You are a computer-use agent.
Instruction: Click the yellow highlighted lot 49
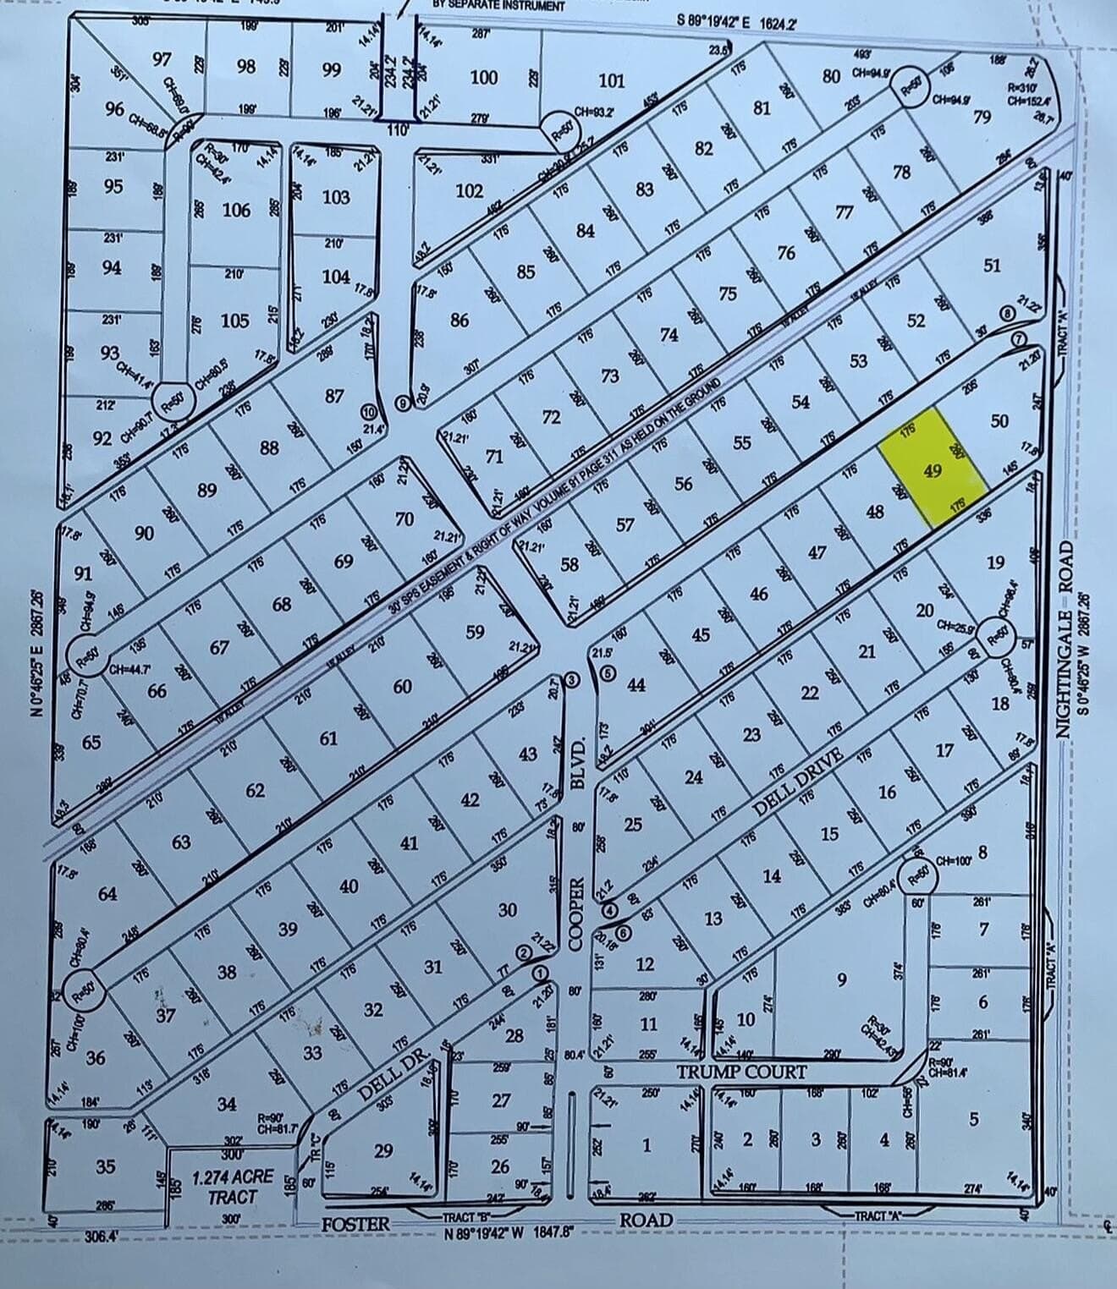(933, 470)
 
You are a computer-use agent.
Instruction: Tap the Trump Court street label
(740, 1072)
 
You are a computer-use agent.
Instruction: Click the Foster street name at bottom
(355, 1223)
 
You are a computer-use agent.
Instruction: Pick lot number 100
(483, 78)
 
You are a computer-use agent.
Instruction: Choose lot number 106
(237, 210)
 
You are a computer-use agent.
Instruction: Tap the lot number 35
(105, 1166)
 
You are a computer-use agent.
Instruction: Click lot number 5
(973, 1119)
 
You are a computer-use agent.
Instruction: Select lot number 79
(981, 117)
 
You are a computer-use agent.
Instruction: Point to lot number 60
(402, 686)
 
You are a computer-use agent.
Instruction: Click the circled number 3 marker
(573, 680)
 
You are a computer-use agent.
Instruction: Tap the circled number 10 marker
(368, 411)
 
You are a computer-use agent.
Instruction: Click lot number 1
(647, 1146)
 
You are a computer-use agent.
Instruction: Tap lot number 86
(459, 320)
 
